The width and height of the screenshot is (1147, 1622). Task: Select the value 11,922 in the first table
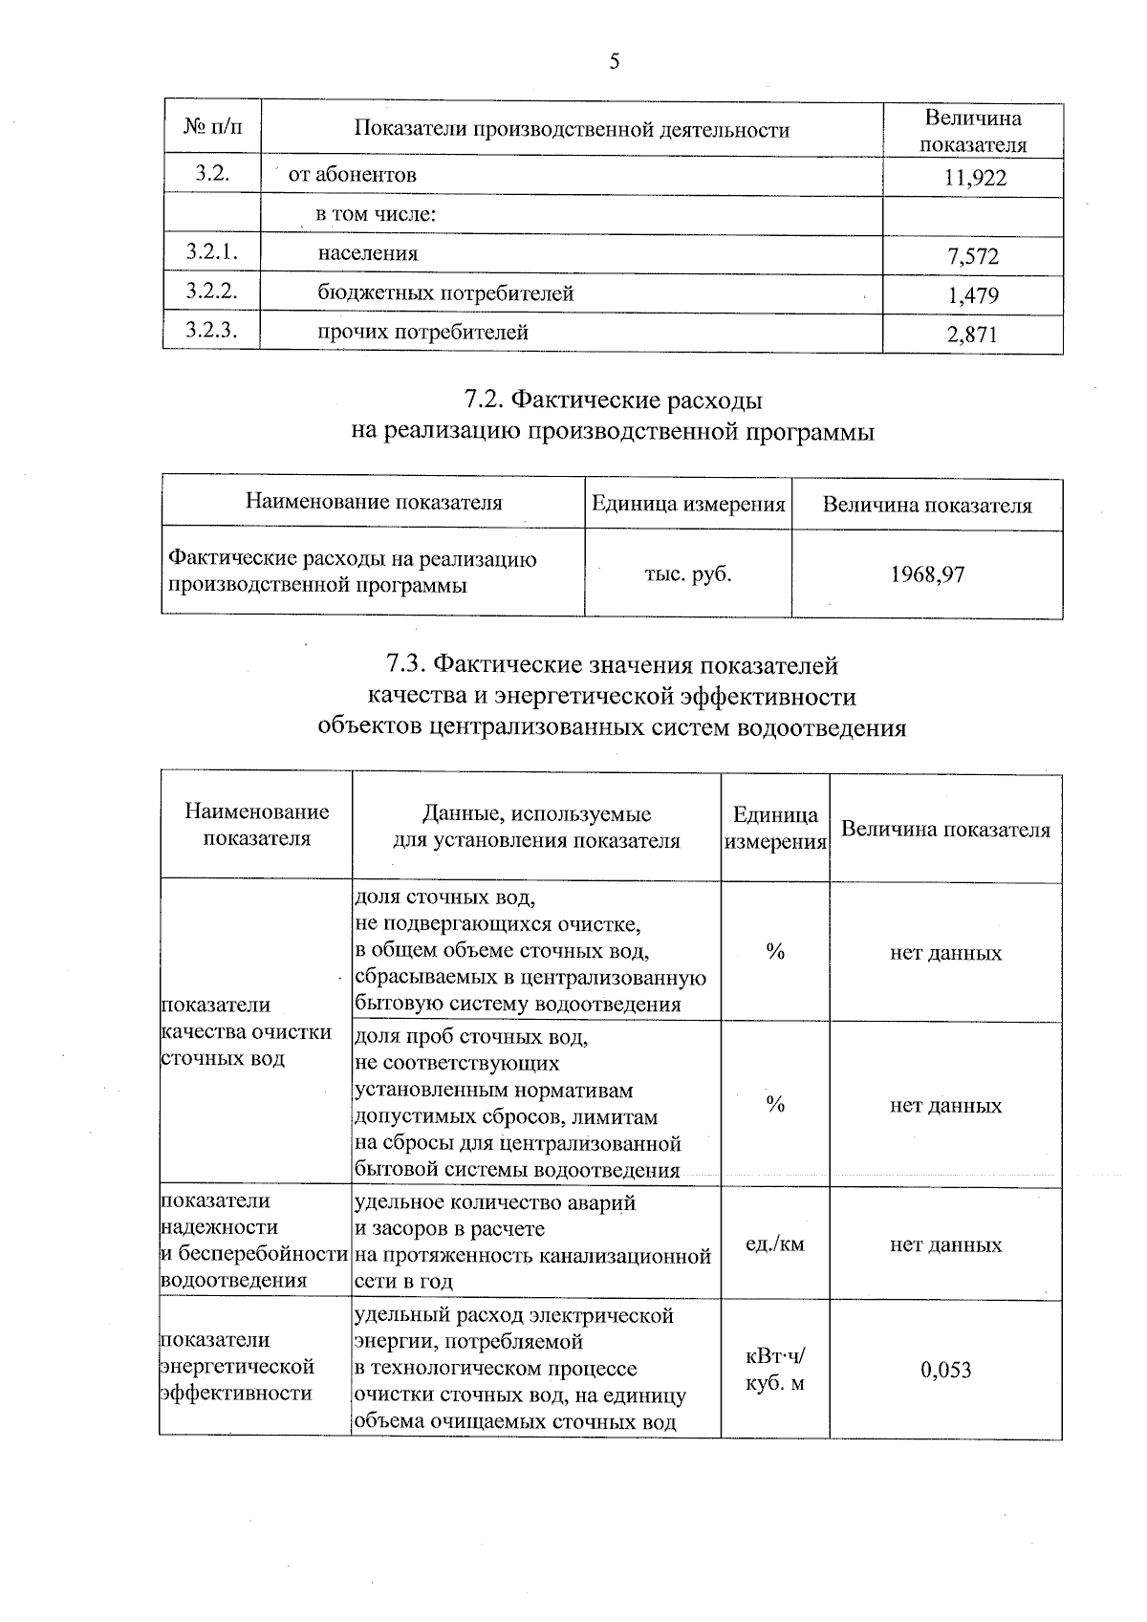[x=975, y=178]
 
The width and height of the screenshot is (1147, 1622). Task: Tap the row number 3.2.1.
[x=211, y=252]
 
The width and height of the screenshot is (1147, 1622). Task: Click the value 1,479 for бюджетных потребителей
[x=973, y=295]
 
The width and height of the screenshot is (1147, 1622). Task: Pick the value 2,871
[x=973, y=335]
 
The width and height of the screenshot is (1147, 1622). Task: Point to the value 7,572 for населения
[x=973, y=256]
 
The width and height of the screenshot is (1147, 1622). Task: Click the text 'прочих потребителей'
[x=422, y=332]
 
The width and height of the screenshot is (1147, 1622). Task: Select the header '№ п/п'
[x=211, y=127]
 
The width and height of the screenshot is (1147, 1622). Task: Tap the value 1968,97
[x=927, y=574]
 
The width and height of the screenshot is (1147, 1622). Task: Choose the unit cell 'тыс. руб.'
[x=688, y=574]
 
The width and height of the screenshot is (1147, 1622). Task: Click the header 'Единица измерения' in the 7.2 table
[x=688, y=504]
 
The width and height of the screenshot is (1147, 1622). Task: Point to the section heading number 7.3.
[x=407, y=663]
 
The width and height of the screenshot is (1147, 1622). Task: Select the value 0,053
[x=945, y=1370]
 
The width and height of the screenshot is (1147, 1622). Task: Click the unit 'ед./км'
[x=774, y=1244]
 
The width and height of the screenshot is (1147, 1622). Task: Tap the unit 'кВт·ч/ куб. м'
[x=774, y=1369]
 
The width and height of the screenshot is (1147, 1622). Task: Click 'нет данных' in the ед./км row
[x=945, y=1244]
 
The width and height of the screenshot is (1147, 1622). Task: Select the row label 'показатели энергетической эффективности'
[x=239, y=1366]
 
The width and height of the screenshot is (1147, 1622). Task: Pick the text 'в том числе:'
[x=376, y=214]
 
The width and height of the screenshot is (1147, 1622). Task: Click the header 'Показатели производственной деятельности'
[x=572, y=129]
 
